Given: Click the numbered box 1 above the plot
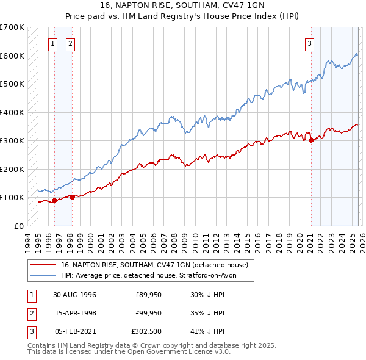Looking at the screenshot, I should pos(53,43).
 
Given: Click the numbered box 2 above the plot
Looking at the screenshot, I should pos(71,43).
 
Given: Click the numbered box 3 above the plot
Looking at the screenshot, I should pos(310,43).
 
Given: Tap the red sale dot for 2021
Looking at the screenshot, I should pos(311,140).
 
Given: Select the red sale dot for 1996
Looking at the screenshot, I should pos(54,200).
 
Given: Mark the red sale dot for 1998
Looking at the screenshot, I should pos(72,196).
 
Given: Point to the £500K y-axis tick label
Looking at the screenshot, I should pos(12,84).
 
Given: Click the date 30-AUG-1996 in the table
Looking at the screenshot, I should pos(74,295).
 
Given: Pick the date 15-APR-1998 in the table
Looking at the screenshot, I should pos(74,314).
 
